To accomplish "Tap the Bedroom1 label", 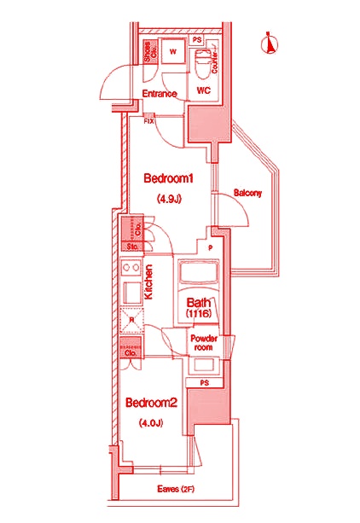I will pos(170,179).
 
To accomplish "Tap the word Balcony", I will pos(247,194).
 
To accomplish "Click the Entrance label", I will pos(159,93).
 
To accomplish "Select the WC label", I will pos(203,90).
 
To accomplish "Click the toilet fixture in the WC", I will pos(202,62).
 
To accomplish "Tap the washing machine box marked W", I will pos(173,52).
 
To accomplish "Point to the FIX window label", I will pos(149,121).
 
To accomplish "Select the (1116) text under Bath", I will pos(201,314).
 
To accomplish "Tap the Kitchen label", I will pos(148,282).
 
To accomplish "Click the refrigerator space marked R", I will pos(131,322).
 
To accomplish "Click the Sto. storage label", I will pos(132,247).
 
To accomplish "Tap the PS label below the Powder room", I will pos(204,382).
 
